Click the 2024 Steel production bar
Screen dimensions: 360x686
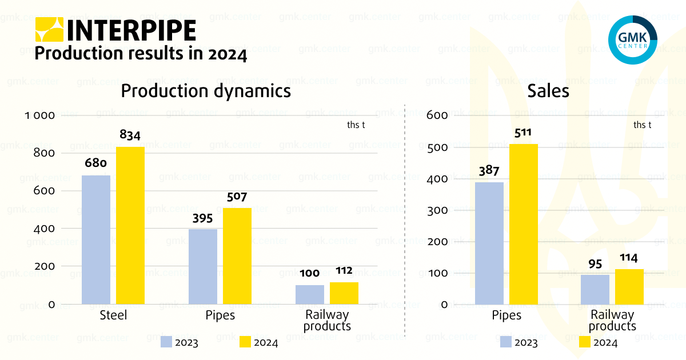pyautogui.click(x=130, y=225)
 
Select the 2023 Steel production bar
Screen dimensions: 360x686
pyautogui.click(x=96, y=239)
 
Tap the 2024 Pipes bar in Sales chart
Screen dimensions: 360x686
pyautogui.click(x=524, y=224)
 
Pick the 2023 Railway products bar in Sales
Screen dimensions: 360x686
pyautogui.click(x=595, y=290)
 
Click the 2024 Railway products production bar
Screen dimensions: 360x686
pyautogui.click(x=344, y=293)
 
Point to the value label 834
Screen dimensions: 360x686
pyautogui.click(x=130, y=135)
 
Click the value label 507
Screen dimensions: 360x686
pyautogui.click(x=237, y=197)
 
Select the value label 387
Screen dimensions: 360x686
pyautogui.click(x=489, y=171)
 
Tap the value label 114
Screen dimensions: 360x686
pyautogui.click(x=629, y=258)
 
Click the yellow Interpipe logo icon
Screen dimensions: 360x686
pyautogui.click(x=50, y=30)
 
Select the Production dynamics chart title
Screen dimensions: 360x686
pyautogui.click(x=206, y=91)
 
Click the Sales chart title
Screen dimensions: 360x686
pyautogui.click(x=548, y=91)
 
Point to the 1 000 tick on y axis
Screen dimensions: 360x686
pyautogui.click(x=39, y=115)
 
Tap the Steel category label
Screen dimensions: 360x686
pyautogui.click(x=113, y=315)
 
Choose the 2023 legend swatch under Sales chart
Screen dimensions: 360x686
pyautogui.click(x=506, y=342)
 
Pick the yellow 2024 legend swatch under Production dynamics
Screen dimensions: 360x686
pyautogui.click(x=245, y=342)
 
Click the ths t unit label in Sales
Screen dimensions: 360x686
pyautogui.click(x=643, y=125)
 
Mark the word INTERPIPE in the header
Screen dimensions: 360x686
pyautogui.click(x=131, y=30)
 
